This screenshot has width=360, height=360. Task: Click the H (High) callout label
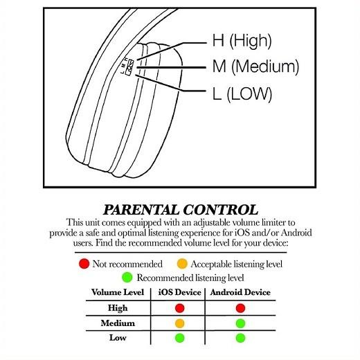tap(242, 41)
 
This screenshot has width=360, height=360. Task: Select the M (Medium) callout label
tap(255, 66)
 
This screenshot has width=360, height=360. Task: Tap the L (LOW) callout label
tap(242, 93)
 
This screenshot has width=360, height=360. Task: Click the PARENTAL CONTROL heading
tap(181, 210)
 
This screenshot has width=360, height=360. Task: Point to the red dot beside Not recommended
tap(84, 264)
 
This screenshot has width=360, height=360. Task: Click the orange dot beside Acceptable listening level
tap(182, 264)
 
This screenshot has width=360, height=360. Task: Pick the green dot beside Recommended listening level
tap(127, 277)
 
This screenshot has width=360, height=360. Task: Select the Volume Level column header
tap(118, 292)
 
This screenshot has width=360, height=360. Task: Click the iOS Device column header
tap(180, 292)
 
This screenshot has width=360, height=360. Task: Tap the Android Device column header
tap(240, 292)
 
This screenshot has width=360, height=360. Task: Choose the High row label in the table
tap(118, 308)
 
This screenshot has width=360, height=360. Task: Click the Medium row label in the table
tap(118, 323)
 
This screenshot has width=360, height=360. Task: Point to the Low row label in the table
tap(118, 338)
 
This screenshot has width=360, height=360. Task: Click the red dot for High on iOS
tap(180, 308)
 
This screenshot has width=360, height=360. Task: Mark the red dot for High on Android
tap(240, 308)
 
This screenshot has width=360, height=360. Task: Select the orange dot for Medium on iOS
tap(180, 323)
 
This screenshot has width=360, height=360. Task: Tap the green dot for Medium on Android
tap(240, 323)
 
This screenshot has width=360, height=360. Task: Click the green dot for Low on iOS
tap(180, 338)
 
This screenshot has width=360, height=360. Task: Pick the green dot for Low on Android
tap(240, 338)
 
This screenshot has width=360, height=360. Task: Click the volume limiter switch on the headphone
tap(129, 67)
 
